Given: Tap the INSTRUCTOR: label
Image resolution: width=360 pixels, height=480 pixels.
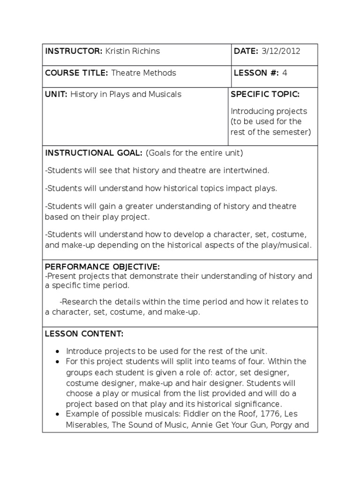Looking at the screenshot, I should tap(74, 51).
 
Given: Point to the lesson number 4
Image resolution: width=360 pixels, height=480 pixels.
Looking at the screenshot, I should tap(285, 73).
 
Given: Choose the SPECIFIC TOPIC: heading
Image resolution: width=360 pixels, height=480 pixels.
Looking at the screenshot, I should tap(265, 94).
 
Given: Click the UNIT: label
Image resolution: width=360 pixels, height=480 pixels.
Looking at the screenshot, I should tap(56, 94).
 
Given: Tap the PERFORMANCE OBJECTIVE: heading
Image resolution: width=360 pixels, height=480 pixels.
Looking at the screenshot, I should tap(102, 267).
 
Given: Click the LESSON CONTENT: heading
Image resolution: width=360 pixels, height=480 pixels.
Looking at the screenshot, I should tap(84, 334).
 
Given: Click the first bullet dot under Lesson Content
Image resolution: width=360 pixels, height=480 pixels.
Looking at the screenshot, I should tap(57, 352).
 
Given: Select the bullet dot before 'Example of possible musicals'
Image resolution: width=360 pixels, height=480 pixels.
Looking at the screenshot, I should tap(57, 414).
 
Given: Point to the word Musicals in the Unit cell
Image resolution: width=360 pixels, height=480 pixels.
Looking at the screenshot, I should tap(165, 94).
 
